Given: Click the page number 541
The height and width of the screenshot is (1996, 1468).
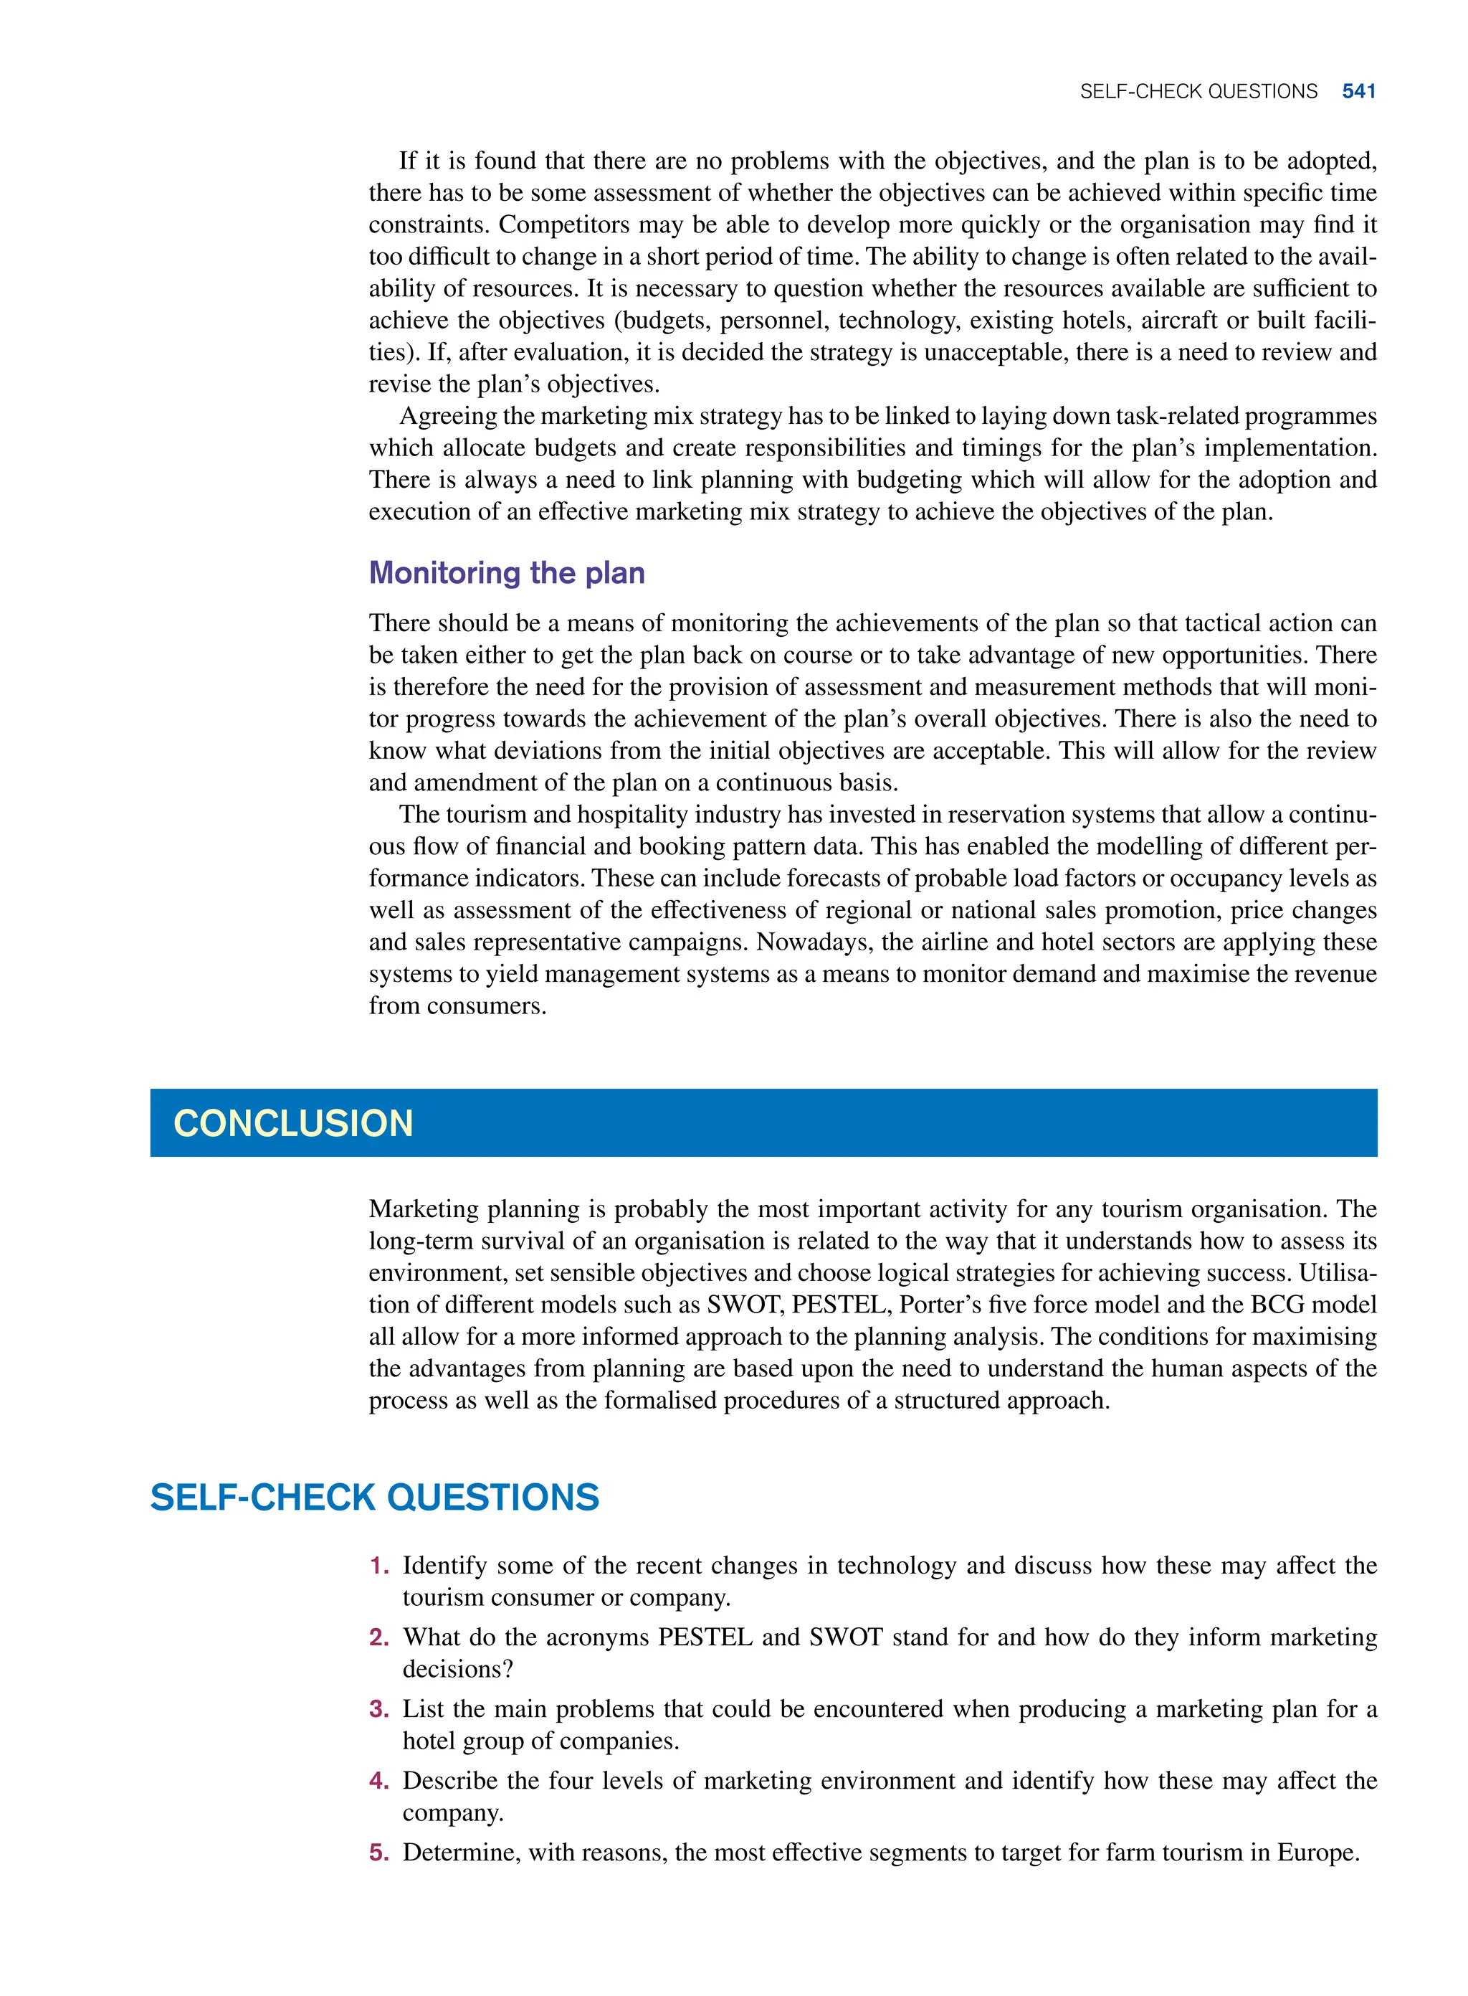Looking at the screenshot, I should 1359,92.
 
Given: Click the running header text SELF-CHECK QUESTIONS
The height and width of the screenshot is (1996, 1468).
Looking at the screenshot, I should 1198,92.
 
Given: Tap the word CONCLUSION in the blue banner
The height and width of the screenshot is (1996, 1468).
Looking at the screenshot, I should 293,1123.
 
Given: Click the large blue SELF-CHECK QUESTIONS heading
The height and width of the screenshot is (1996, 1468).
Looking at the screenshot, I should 374,1498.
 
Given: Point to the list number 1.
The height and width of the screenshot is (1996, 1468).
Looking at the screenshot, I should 379,1566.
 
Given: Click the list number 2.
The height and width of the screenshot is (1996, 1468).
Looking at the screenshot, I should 379,1637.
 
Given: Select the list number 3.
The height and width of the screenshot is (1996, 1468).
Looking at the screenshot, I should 379,1709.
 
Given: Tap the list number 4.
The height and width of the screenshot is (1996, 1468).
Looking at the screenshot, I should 379,1781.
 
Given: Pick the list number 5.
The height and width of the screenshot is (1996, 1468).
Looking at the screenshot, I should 379,1852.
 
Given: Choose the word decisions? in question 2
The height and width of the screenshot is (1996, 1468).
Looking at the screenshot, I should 457,1670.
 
